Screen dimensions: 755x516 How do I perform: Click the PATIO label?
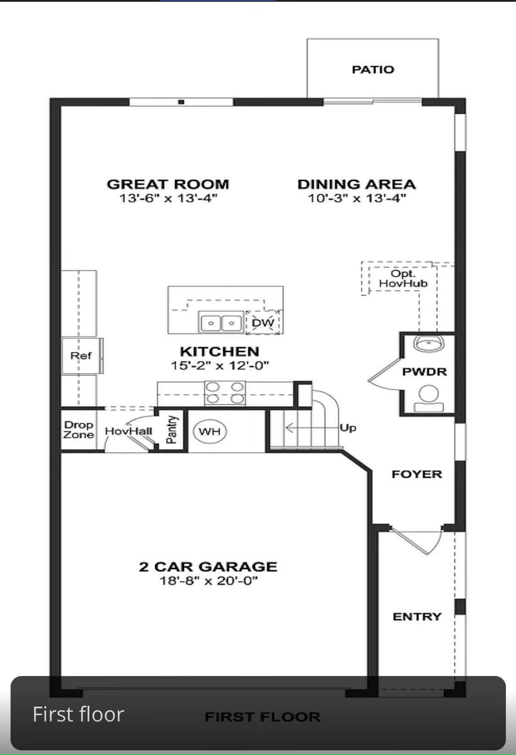(x=372, y=69)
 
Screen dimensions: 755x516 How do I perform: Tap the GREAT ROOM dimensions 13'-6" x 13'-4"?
(x=168, y=198)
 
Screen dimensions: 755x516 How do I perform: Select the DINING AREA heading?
(x=356, y=184)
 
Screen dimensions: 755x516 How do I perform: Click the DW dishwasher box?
(x=263, y=323)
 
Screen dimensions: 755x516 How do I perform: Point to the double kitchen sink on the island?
(x=221, y=322)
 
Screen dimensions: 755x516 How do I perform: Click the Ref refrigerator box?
(x=81, y=356)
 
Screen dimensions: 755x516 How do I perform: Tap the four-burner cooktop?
(x=225, y=393)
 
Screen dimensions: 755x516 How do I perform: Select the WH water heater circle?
(x=210, y=431)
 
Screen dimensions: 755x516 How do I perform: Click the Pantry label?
(x=172, y=430)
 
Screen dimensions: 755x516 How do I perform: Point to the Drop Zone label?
(x=78, y=430)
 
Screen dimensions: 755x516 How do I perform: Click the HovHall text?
(x=128, y=431)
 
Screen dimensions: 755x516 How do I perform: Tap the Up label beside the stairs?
(x=348, y=428)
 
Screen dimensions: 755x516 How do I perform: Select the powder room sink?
(x=428, y=343)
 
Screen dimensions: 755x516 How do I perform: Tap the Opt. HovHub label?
(x=403, y=279)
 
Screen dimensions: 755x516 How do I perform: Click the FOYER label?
(x=416, y=474)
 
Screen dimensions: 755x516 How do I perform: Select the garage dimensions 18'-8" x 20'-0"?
(x=208, y=581)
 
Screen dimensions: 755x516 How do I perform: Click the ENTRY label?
(x=416, y=616)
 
